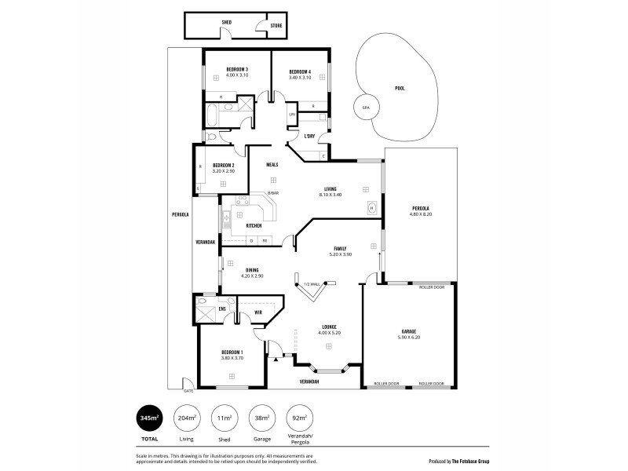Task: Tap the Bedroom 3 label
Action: point(236,70)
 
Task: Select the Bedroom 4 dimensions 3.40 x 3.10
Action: point(300,77)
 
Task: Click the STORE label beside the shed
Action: point(276,26)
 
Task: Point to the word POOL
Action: point(399,89)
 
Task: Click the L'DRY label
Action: point(309,136)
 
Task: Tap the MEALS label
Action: point(272,164)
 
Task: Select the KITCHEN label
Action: point(254,226)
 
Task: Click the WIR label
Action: point(257,313)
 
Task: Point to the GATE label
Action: point(188,390)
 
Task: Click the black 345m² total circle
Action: point(148,418)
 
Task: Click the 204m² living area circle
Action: point(186,418)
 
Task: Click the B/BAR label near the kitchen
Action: point(272,193)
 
